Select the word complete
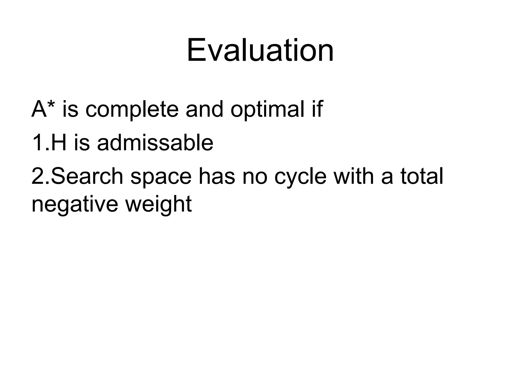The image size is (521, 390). pyautogui.click(x=132, y=110)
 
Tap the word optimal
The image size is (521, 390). pyautogui.click(x=267, y=110)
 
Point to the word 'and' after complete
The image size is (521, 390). pyautogui.click(x=204, y=109)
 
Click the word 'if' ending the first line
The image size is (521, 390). pyautogui.click(x=317, y=109)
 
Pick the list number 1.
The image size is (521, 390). pyautogui.click(x=38, y=143)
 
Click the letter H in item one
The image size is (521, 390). pyautogui.click(x=59, y=143)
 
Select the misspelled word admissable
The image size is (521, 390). pyautogui.click(x=155, y=143)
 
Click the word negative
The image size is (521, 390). pyautogui.click(x=75, y=205)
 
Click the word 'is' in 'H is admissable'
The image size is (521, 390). pyautogui.click(x=82, y=143)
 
